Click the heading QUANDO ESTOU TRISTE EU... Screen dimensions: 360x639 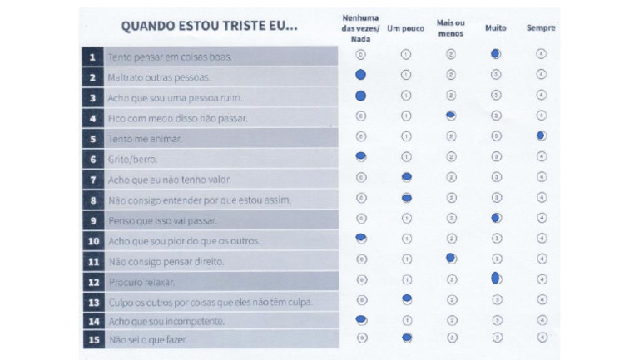click(209, 26)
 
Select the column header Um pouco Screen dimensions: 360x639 click(406, 28)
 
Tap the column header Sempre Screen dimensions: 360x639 click(541, 28)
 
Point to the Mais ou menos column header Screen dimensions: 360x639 click(451, 27)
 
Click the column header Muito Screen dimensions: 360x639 click(496, 28)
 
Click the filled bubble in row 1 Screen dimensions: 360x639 click(496, 54)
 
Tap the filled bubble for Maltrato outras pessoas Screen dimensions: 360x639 click(360, 75)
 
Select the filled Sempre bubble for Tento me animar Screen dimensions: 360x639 click(541, 135)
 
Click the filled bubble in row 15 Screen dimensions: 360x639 click(407, 338)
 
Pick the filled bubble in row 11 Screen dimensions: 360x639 click(451, 259)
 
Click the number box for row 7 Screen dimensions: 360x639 click(92, 179)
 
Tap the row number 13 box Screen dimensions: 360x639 click(92, 301)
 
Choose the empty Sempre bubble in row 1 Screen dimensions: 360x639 click(541, 54)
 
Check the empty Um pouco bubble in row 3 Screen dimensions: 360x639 click(406, 95)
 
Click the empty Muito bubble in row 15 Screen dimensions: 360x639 click(497, 338)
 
